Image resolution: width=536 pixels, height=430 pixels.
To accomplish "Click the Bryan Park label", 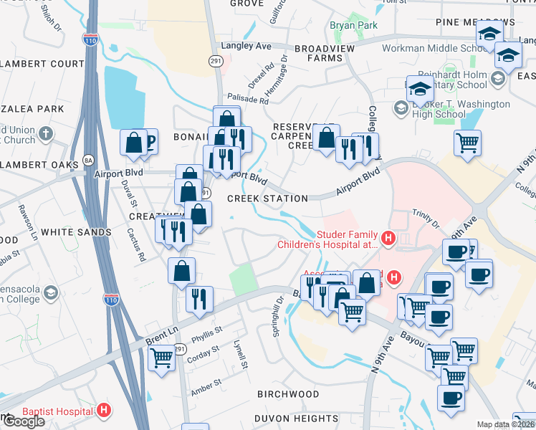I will [x=353, y=26].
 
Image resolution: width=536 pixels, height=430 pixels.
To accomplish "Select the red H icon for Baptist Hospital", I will [x=105, y=411].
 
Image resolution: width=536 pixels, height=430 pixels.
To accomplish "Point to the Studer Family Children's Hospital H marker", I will [x=388, y=238].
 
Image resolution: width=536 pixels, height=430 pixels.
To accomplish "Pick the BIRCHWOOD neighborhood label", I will [x=289, y=394].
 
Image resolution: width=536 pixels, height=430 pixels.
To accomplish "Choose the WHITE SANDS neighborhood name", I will [x=76, y=232].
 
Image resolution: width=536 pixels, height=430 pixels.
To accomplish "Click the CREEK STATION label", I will [x=267, y=199].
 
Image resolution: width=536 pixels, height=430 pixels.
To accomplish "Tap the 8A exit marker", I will [x=88, y=159].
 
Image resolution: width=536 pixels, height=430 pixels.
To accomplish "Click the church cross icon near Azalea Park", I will [x=46, y=133].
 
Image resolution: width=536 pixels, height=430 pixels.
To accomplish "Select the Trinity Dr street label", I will [x=426, y=219].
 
